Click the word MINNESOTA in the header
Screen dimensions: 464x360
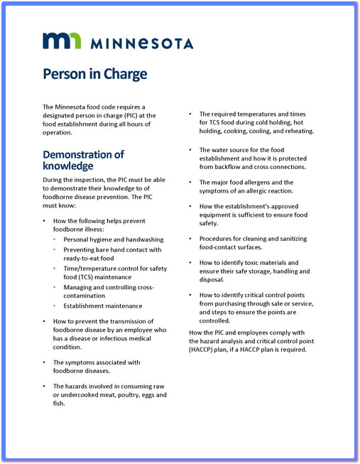click(x=141, y=43)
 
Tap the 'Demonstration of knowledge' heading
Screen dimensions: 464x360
click(x=84, y=160)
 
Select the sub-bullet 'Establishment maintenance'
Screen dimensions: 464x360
click(x=103, y=306)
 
